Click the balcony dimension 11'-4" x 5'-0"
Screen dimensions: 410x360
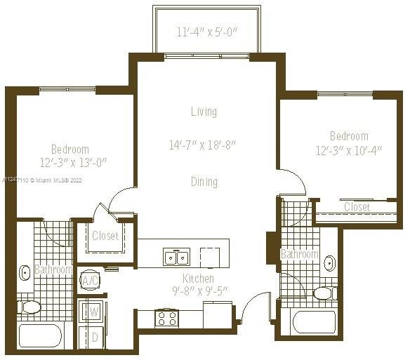click(206, 32)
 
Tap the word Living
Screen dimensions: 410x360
click(204, 112)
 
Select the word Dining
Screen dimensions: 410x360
click(204, 182)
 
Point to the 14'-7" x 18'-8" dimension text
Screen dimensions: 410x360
click(203, 145)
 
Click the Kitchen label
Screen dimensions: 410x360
click(198, 279)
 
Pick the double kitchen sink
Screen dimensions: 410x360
click(176, 257)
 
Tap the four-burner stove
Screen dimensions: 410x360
click(166, 318)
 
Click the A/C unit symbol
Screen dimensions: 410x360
click(90, 281)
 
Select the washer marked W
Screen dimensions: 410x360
click(91, 312)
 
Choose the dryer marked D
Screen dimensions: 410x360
click(91, 338)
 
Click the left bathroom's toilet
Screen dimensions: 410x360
click(29, 307)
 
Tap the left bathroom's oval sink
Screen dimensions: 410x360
click(25, 273)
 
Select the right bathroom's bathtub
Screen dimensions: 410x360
click(315, 322)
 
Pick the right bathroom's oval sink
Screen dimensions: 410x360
click(330, 263)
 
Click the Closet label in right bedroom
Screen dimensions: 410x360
click(357, 207)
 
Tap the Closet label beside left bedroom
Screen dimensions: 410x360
click(105, 236)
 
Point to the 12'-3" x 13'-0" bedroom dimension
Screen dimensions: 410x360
click(74, 163)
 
